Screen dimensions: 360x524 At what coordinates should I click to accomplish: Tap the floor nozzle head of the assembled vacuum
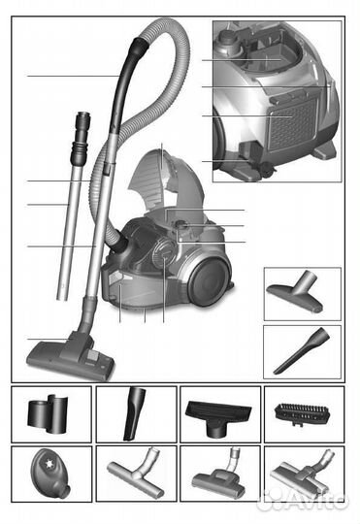71,357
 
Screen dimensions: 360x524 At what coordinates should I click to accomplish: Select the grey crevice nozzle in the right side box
302,351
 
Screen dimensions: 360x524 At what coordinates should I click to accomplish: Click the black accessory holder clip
48,413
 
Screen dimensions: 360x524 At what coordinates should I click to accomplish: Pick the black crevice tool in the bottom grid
134,413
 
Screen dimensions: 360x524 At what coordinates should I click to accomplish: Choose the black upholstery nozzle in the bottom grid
218,418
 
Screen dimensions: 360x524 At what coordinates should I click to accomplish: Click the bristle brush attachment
302,414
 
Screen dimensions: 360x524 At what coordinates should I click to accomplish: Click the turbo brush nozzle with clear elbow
218,476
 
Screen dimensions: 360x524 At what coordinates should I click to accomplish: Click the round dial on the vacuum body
163,254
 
